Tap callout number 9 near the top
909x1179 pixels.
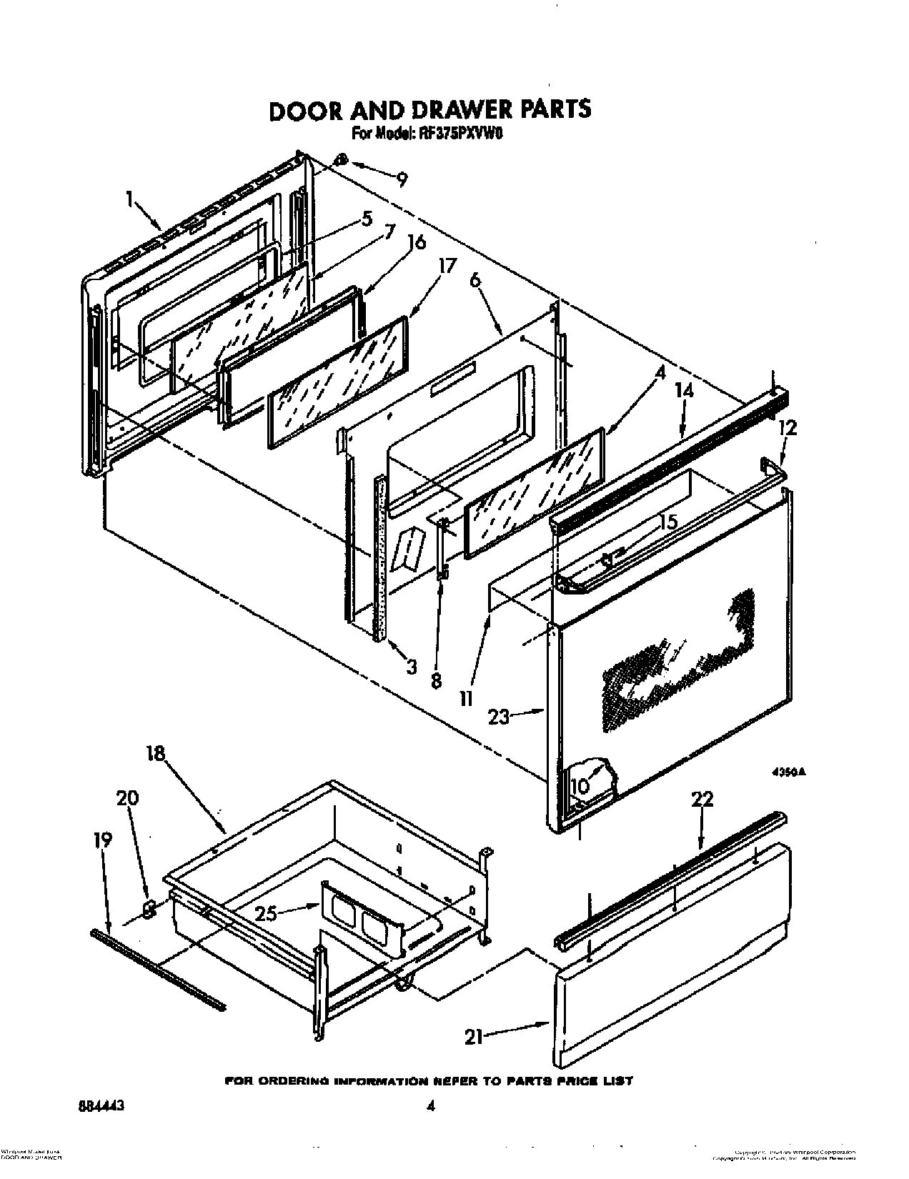(x=402, y=179)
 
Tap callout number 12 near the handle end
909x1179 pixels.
(x=788, y=428)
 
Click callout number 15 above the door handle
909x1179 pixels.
(x=667, y=522)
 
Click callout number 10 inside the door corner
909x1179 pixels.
(x=580, y=786)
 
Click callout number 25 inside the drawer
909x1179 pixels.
(x=267, y=912)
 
